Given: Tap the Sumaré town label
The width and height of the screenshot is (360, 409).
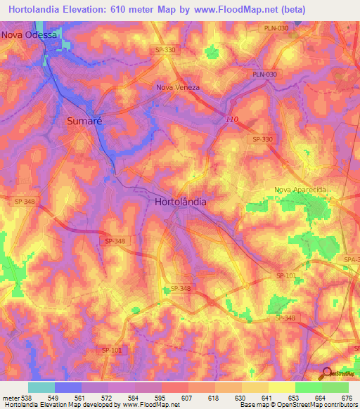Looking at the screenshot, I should tap(84, 121).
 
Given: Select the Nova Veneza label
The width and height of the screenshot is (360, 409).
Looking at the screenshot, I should tap(178, 88).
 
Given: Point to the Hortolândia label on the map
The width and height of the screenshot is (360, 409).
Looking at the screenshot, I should tap(180, 201).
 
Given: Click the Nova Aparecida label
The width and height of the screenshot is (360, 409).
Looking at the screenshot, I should tap(302, 190).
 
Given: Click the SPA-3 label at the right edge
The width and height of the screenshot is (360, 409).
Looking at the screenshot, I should tap(351, 260).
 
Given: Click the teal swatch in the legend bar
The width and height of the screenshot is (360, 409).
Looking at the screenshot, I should tap(41, 387).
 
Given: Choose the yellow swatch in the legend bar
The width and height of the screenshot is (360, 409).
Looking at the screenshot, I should tap(282, 387).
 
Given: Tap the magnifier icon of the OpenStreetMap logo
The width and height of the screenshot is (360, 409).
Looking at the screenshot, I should tap(326, 374).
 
